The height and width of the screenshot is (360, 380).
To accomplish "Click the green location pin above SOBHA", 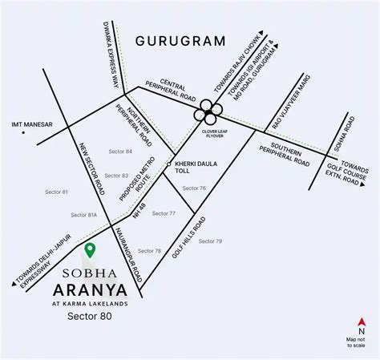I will (x=91, y=250).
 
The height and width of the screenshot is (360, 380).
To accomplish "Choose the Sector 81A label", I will (x=83, y=215).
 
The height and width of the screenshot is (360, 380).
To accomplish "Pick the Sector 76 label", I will (x=193, y=188).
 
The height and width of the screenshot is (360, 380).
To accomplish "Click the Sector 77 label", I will (x=164, y=213).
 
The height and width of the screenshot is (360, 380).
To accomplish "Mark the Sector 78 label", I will (x=148, y=251).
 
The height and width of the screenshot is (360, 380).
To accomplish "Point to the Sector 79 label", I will (x=209, y=241).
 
